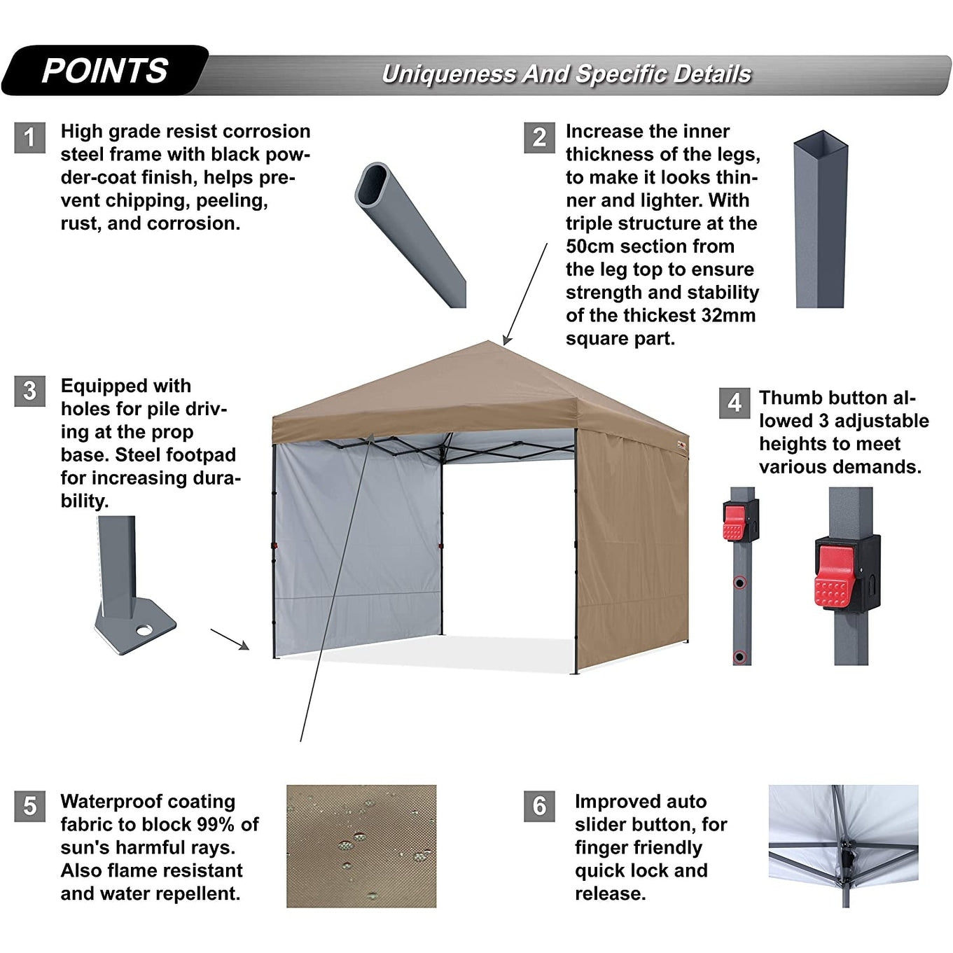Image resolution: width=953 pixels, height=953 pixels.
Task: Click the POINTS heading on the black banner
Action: pyautogui.click(x=105, y=71)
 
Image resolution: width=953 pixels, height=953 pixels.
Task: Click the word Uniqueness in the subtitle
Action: pyautogui.click(x=448, y=74)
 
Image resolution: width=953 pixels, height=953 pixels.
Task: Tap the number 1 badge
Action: pyautogui.click(x=29, y=137)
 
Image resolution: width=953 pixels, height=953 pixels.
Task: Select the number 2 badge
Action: pyautogui.click(x=539, y=137)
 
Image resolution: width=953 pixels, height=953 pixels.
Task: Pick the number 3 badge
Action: pyautogui.click(x=29, y=391)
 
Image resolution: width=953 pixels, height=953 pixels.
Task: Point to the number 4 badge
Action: pyautogui.click(x=735, y=403)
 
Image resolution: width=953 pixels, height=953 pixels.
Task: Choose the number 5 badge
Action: pyautogui.click(x=29, y=806)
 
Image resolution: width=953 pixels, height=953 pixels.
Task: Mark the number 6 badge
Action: pyautogui.click(x=539, y=806)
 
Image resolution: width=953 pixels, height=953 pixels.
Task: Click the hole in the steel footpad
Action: pyautogui.click(x=145, y=630)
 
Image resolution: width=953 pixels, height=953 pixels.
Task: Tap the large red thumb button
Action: pyautogui.click(x=834, y=576)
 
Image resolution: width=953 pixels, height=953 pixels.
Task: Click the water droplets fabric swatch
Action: pyautogui.click(x=361, y=846)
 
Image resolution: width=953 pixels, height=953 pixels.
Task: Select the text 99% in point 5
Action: pyautogui.click(x=217, y=824)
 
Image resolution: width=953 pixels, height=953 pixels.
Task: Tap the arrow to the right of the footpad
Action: pyautogui.click(x=230, y=639)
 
